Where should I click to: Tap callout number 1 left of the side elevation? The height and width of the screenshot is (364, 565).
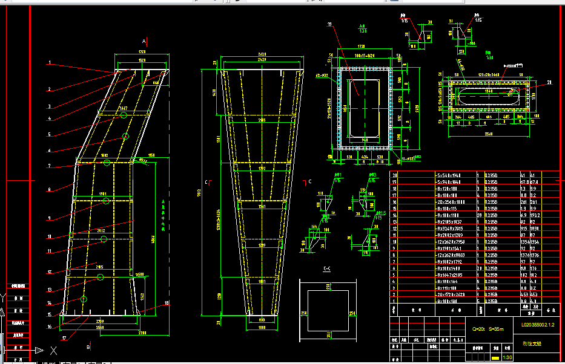coord(50,63)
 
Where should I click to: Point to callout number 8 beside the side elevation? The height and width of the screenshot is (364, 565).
coord(50,189)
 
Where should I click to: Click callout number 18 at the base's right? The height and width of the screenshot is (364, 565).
coord(167,303)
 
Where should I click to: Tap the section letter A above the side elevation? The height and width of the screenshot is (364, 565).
coord(144,41)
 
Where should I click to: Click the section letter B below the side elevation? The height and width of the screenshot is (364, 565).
coord(88,348)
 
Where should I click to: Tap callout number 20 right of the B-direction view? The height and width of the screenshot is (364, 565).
coord(550,82)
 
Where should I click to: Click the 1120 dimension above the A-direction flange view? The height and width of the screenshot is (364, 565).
coord(361,46)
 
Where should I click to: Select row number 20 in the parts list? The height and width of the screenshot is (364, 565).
coord(395,175)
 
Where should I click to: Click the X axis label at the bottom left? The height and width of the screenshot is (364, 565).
coord(54,350)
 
